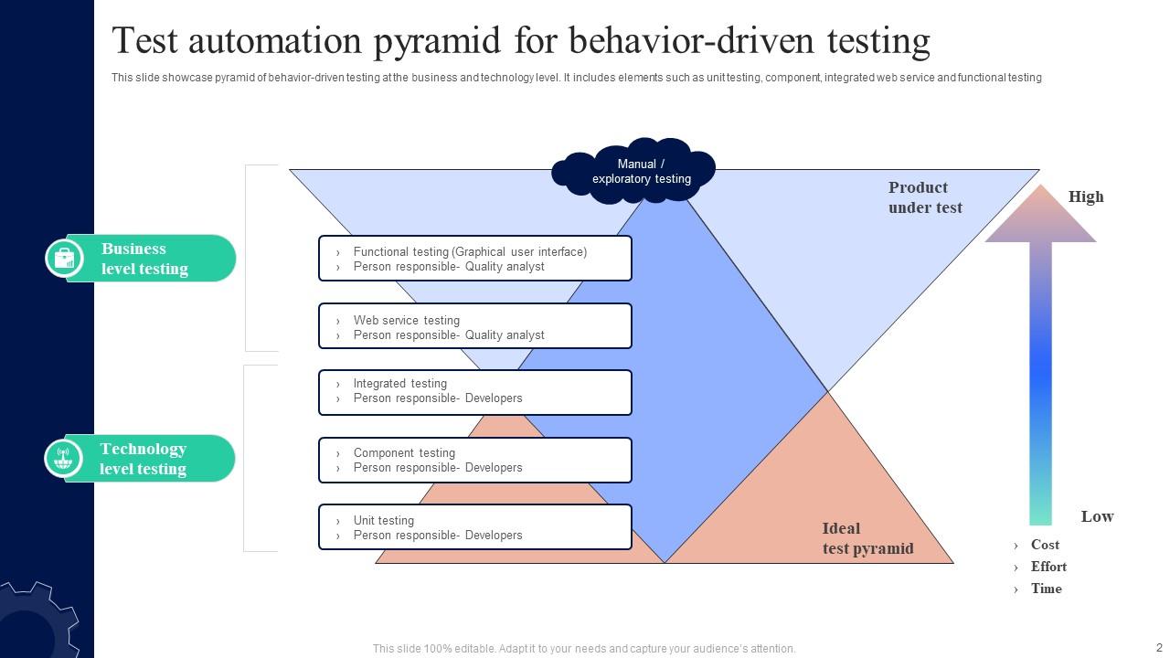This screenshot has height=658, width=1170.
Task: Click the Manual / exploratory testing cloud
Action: click(x=633, y=171)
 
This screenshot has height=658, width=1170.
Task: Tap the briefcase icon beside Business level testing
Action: click(x=64, y=258)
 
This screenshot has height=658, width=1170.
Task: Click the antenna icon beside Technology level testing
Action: click(x=63, y=458)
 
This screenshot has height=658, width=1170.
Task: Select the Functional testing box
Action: click(x=475, y=259)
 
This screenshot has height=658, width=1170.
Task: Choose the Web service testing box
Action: click(x=475, y=326)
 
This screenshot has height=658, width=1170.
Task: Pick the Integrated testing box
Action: click(x=475, y=393)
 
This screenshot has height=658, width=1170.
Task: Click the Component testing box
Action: click(x=475, y=460)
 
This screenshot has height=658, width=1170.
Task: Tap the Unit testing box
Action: click(x=475, y=527)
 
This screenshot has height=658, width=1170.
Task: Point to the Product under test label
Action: click(x=925, y=197)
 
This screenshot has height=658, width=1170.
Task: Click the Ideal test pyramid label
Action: click(x=868, y=538)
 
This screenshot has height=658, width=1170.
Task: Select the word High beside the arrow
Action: click(x=1086, y=196)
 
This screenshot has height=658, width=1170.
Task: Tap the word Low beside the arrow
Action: click(x=1098, y=516)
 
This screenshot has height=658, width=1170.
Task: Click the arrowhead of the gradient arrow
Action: click(x=1040, y=214)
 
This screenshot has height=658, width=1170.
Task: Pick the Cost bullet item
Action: click(x=1045, y=545)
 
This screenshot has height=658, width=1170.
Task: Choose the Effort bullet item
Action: click(x=1048, y=567)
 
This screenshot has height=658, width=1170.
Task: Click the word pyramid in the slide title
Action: click(x=437, y=42)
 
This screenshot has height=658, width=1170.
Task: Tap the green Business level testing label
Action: click(x=140, y=259)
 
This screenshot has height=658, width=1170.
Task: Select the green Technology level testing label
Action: click(x=140, y=459)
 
